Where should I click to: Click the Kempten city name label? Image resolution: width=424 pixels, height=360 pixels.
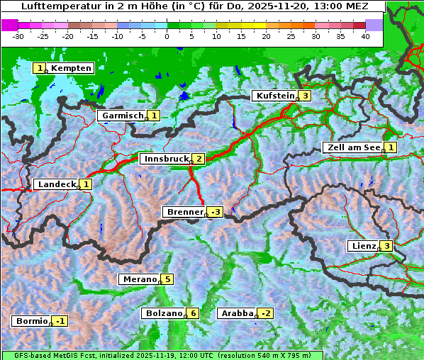pos(71,68)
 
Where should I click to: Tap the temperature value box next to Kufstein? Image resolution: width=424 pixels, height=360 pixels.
pos(305,96)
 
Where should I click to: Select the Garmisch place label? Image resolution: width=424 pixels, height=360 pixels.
pos(122,116)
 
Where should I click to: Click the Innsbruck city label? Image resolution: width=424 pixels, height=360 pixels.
pos(164,159)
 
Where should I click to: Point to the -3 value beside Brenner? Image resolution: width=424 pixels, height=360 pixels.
pos(216,212)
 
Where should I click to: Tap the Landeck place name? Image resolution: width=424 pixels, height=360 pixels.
pos(56,184)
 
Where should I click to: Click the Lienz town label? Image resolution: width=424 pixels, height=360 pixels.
pos(362,246)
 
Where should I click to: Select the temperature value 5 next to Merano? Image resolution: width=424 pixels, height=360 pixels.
pos(167,279)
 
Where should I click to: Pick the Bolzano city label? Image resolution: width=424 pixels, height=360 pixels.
pos(163,313)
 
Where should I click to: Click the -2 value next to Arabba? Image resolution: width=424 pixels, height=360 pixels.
pos(265,313)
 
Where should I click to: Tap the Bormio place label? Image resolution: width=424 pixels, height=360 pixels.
pos(30,321)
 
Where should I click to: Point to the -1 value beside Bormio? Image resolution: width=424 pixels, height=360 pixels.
pos(61,321)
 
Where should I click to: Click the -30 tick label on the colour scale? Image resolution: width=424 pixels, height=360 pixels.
pos(19,36)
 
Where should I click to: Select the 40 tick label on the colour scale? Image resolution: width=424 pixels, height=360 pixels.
pos(365,36)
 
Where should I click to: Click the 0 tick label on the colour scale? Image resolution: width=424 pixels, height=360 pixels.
pos(167,36)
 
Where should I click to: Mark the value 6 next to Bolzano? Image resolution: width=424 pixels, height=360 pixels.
pos(192,313)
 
